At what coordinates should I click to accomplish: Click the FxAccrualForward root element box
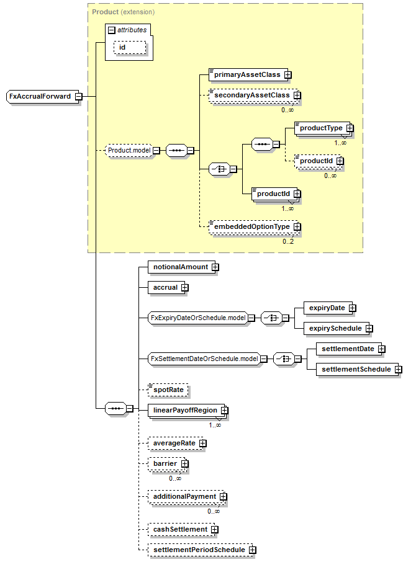coord(40,96)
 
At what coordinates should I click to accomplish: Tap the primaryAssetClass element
coord(246,74)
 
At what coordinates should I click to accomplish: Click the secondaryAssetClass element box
coord(251,96)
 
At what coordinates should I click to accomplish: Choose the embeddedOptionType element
coord(251,227)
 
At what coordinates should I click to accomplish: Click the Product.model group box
coord(129,150)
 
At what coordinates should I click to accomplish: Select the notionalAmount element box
coord(181,267)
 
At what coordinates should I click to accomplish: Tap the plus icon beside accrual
coord(184,288)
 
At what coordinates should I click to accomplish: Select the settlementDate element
coord(348,349)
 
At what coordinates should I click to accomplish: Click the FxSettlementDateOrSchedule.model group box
coord(204,359)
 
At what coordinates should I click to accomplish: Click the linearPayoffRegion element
coord(184,411)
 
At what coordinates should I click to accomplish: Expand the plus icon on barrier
coord(184,464)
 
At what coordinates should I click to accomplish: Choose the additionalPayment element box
coord(184,497)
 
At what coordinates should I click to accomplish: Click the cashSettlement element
coord(180,529)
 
